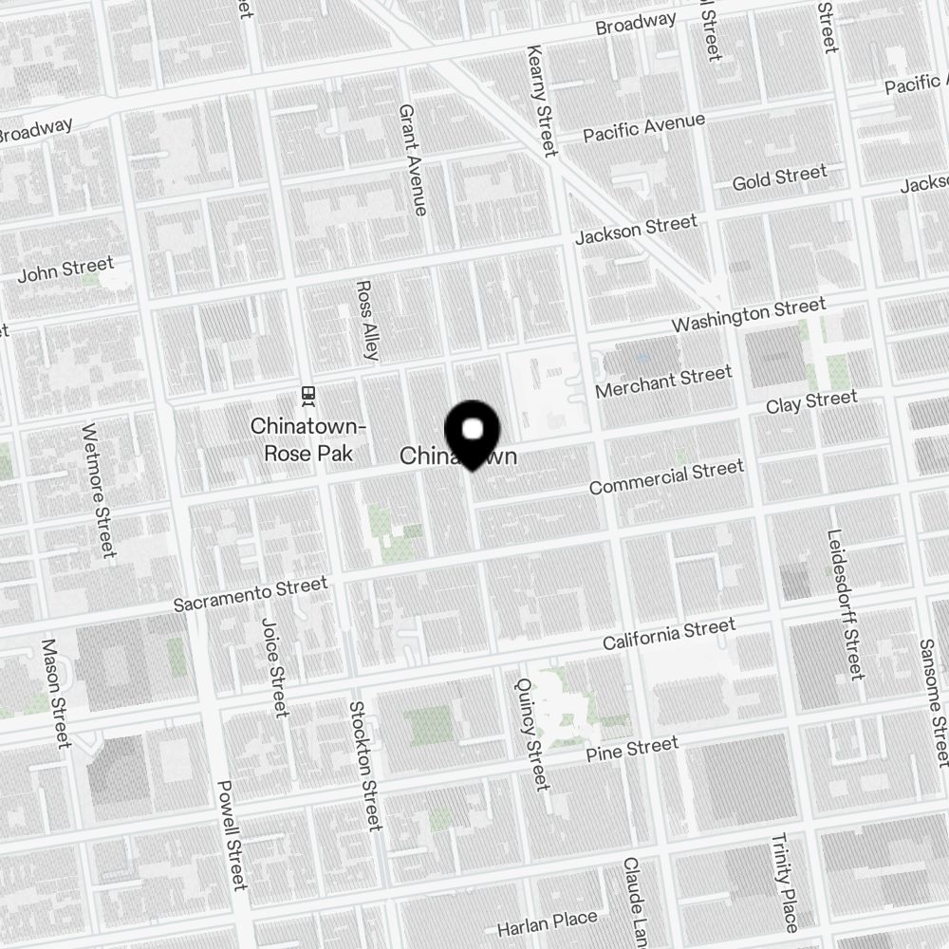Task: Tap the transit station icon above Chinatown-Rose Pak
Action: [307, 393]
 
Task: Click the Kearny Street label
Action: [540, 101]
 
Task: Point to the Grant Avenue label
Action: [413, 159]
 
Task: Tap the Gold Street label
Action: [779, 177]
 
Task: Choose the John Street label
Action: [65, 270]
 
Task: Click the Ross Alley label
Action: [367, 320]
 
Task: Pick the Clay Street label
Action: [811, 402]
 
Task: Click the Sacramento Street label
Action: [251, 594]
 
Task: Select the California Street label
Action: [669, 635]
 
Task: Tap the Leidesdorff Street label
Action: [846, 605]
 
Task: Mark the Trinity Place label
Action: [785, 882]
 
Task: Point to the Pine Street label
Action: [632, 751]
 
